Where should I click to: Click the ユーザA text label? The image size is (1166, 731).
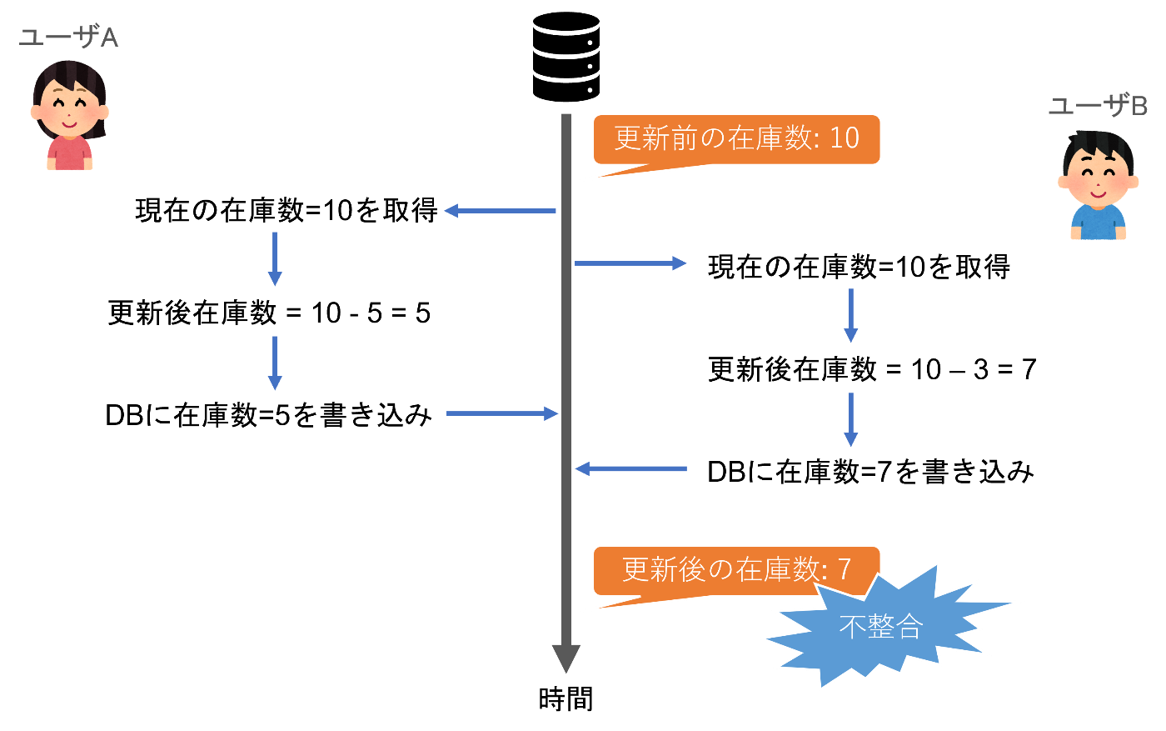(x=68, y=38)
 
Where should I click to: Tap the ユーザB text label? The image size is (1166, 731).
(x=1097, y=106)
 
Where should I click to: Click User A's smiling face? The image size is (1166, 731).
(x=69, y=108)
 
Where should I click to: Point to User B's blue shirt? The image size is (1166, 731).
(x=1098, y=223)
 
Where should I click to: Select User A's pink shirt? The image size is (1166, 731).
(x=69, y=153)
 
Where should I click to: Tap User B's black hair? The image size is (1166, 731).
(x=1098, y=145)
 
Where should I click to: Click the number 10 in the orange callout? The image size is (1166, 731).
(x=844, y=138)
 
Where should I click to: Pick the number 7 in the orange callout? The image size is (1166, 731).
(x=844, y=569)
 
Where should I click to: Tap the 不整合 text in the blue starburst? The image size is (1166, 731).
(x=880, y=627)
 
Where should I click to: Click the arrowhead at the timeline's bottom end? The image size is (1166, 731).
(x=566, y=658)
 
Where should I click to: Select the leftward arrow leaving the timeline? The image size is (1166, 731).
(x=500, y=211)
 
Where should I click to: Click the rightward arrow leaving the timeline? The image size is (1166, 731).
(x=630, y=263)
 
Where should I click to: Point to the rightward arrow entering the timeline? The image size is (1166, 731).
(x=502, y=413)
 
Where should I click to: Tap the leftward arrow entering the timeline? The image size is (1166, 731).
(x=630, y=469)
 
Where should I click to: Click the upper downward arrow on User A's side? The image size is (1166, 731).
(x=274, y=259)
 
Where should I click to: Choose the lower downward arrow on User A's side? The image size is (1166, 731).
(x=274, y=363)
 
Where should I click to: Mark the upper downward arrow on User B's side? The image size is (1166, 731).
(x=850, y=316)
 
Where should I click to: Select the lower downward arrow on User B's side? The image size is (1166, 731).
(x=850, y=420)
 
